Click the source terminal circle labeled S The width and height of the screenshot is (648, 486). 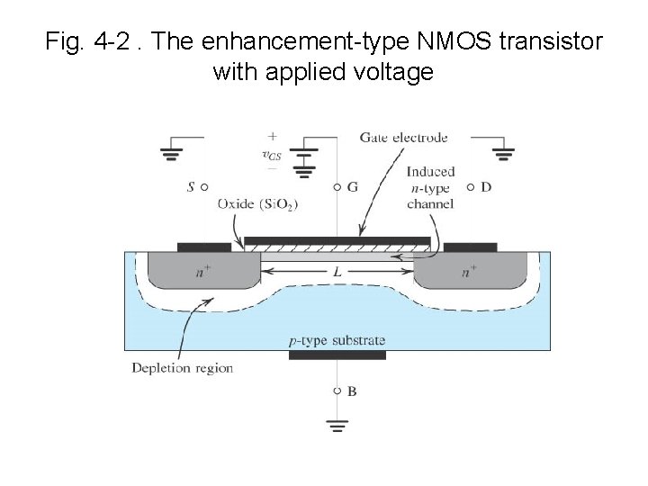coord(204,187)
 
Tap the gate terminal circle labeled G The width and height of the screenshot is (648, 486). coord(337,187)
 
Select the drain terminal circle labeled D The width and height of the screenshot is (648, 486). coord(470,187)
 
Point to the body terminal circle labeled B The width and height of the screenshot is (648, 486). coord(337,391)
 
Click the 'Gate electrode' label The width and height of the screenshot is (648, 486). coord(403,138)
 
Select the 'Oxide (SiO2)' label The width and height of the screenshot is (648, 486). coord(256,204)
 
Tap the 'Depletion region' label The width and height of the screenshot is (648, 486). coord(182,367)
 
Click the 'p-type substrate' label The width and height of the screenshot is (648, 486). coord(337,339)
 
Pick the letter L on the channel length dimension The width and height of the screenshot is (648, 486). coord(337,271)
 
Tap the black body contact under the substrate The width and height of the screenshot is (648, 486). coord(337,355)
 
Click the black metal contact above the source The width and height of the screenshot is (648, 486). coord(203,247)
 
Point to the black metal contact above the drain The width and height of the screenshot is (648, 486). coord(470,247)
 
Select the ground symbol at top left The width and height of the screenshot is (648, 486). coord(170,154)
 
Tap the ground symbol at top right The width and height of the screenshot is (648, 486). coord(503,154)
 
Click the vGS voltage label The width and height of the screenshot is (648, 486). coord(271,155)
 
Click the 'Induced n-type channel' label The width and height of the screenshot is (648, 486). coord(430,187)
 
